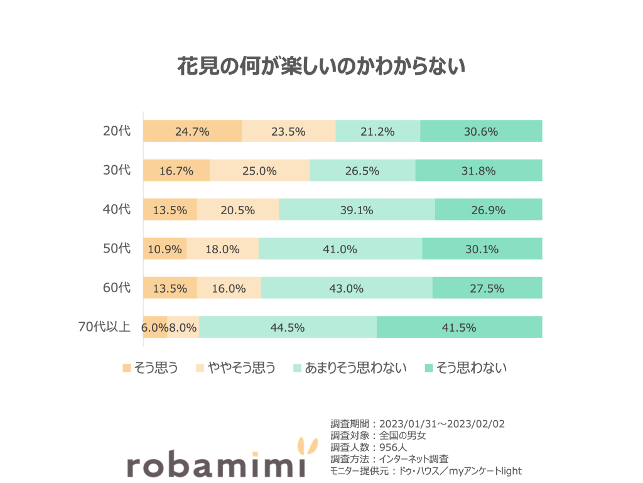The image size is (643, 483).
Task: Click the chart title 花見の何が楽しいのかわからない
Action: click(x=321, y=66)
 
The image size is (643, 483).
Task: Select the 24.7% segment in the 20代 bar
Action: click(x=192, y=131)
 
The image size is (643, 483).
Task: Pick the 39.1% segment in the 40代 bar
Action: click(x=357, y=210)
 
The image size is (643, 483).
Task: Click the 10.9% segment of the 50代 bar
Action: click(x=165, y=249)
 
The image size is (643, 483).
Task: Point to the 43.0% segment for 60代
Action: click(x=347, y=288)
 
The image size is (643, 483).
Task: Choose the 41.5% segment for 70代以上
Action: click(x=459, y=327)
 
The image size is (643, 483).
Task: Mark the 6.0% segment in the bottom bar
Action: click(x=154, y=327)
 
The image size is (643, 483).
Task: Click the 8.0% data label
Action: click(x=183, y=327)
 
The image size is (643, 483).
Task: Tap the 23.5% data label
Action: click(x=288, y=131)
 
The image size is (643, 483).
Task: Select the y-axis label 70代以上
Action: click(x=104, y=327)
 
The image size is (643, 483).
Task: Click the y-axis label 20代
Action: click(x=117, y=131)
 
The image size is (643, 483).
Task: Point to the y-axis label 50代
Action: click(x=117, y=249)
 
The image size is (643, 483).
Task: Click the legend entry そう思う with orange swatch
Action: click(x=150, y=368)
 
